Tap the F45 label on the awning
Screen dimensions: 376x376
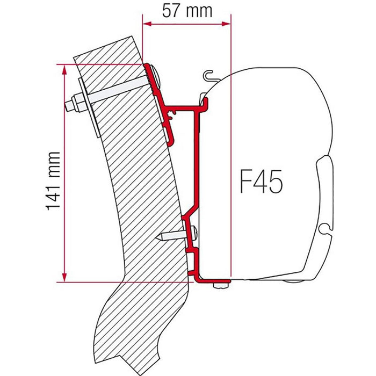(261, 183)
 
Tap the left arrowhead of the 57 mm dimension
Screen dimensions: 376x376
(147, 24)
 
